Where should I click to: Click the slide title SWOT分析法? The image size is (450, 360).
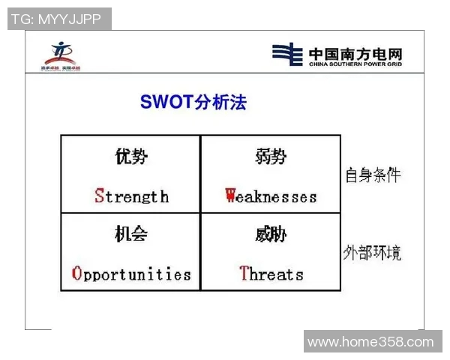193,102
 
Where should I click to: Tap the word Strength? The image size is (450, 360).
131,196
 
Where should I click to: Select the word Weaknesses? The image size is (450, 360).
271,196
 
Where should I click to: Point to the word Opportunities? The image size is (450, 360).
131,274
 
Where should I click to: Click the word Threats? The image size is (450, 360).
271,274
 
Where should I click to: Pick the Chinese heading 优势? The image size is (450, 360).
131,157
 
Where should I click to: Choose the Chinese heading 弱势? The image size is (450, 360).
271,157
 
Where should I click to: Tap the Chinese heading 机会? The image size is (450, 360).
131,235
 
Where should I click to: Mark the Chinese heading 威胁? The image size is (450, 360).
271,235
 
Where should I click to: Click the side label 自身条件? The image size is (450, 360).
373,175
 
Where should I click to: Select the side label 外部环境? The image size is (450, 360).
373,253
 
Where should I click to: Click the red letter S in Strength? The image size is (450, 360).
99,196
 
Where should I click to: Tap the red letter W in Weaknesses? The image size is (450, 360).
231,196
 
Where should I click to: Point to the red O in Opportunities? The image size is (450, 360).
76,274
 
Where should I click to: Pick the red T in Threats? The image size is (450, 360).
244,274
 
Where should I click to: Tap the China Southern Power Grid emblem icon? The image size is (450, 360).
286,54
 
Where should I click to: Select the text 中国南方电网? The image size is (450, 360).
355,51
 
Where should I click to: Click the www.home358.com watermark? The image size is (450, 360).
370,342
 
